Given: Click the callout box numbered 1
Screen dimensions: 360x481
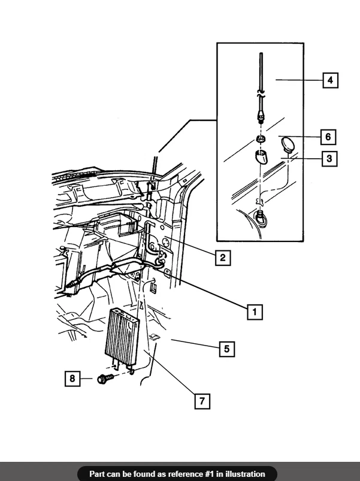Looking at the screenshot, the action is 255,312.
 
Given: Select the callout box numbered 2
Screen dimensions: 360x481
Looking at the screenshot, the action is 223,258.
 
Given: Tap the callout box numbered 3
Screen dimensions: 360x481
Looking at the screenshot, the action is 329,159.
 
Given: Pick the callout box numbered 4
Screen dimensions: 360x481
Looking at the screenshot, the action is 330,80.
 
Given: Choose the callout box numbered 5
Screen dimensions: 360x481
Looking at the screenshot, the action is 227,349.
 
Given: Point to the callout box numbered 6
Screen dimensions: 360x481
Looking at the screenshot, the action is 328,137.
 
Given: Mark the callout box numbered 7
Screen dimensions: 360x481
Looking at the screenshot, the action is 202,401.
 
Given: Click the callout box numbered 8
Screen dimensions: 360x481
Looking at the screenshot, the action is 72,378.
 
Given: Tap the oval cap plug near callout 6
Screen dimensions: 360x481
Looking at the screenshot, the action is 288,144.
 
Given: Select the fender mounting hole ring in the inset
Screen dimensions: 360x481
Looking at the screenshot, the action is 261,220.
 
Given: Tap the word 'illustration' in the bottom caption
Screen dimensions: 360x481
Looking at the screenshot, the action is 245,474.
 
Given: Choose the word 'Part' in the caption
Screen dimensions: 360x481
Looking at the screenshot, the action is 96,474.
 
